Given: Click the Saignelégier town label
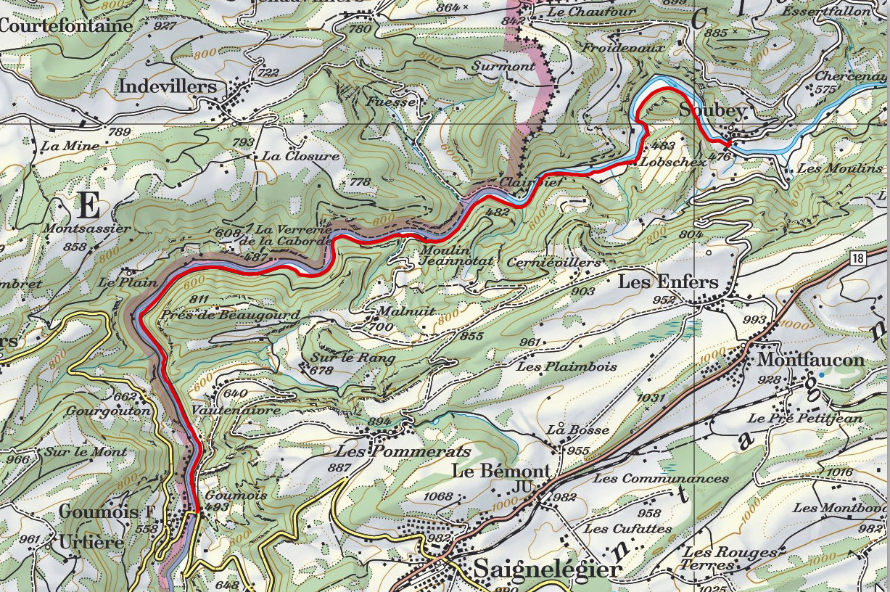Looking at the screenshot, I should click(x=548, y=569).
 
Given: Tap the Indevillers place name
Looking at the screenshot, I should click(x=168, y=87).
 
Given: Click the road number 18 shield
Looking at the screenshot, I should click(x=859, y=258).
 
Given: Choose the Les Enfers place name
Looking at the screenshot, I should click(x=667, y=282).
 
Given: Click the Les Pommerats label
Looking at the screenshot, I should click(x=403, y=451).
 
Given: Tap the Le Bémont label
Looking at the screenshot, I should click(x=500, y=471).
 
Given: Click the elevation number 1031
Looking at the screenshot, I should click(x=651, y=398).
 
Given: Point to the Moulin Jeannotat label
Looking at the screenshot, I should click(x=447, y=255).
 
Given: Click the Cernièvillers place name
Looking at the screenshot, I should click(x=555, y=262).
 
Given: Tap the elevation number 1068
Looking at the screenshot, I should click(x=437, y=497).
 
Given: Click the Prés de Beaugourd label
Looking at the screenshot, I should click(x=231, y=316).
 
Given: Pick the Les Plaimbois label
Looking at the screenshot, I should click(x=566, y=367).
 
